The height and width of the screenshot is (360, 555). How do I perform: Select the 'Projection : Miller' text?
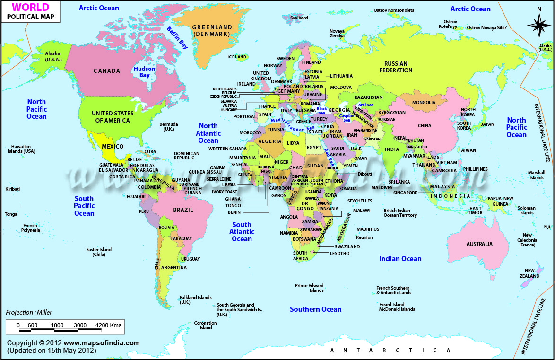coord(29,312)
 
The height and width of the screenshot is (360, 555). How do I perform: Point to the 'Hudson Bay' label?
coord(144,72)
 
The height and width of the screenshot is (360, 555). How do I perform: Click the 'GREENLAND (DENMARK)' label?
coord(212,31)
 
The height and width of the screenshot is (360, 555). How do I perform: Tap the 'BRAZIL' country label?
coord(183,210)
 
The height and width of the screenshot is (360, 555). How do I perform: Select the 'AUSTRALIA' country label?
coord(479,244)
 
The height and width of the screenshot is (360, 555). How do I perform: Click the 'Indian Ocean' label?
coord(400,258)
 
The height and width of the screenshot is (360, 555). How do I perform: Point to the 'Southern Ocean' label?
coord(315,309)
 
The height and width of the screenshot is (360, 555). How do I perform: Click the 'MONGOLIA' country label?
coord(424,103)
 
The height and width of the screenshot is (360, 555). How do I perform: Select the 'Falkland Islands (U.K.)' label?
coord(195,300)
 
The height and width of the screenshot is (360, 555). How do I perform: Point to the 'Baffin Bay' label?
coord(177,37)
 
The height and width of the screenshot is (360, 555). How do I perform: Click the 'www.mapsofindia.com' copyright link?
coord(102,343)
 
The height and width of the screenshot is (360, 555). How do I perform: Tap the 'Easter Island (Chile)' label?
coord(98,252)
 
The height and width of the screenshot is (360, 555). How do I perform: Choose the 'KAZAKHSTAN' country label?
coord(368,97)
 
